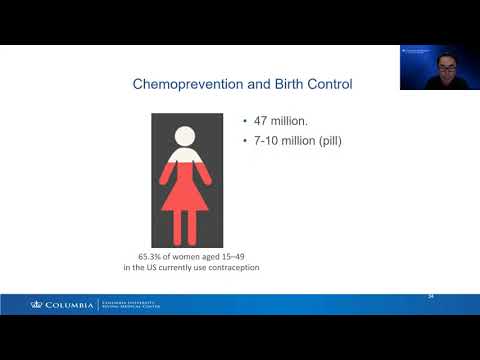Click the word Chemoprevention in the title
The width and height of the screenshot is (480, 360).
click(x=186, y=85)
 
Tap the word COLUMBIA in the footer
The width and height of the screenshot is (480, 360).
click(x=69, y=304)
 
